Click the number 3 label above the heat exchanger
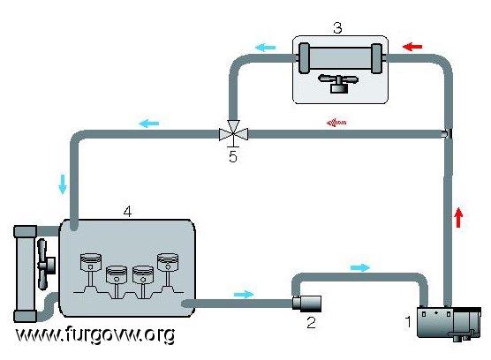337,28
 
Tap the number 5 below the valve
232,156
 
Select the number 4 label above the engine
127,212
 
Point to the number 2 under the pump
311,322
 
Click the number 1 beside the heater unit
408,321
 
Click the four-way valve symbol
233,134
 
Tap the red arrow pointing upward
458,217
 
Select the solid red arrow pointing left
412,47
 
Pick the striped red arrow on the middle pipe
336,123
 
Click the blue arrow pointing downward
63,184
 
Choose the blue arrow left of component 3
266,48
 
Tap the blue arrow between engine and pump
244,295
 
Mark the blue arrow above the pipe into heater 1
360,267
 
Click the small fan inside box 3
338,83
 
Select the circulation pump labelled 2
306,304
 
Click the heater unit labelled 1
449,323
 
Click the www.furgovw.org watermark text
95,334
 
